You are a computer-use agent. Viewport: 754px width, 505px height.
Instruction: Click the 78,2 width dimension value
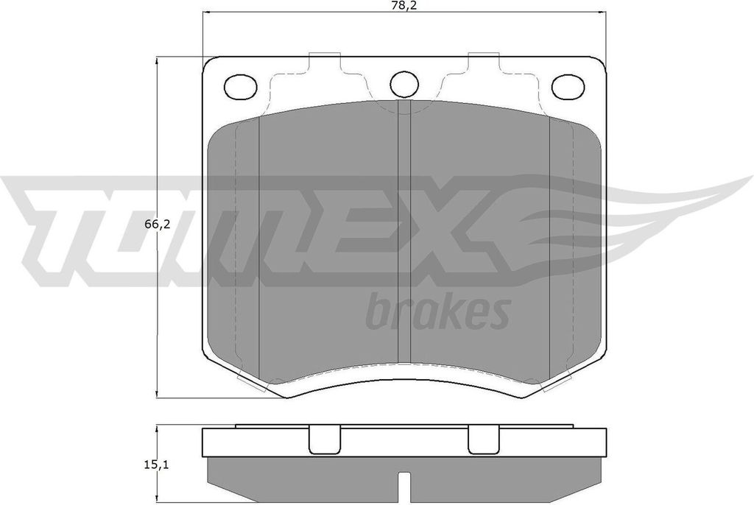pos(404,5)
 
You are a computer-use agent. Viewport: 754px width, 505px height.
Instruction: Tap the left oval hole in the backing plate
pos(241,87)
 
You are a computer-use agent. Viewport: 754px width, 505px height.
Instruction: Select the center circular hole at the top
pos(404,84)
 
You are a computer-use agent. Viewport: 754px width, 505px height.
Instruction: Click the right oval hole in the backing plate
pos(568,87)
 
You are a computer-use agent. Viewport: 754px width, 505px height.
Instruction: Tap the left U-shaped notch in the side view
pos(325,439)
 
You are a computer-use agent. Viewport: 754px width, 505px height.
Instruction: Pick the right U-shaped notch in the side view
pos(485,439)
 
